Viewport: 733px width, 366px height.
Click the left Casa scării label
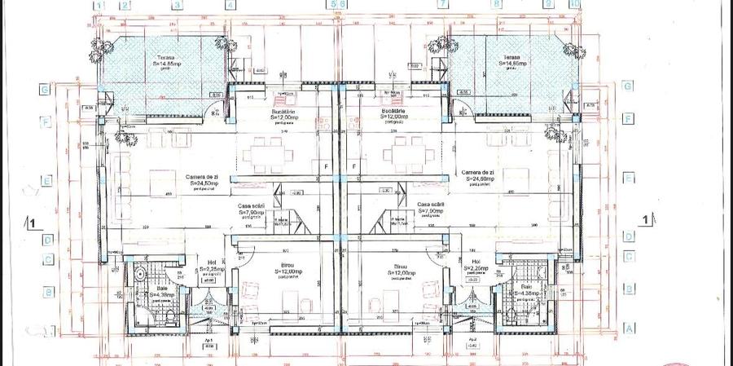[x=251, y=211]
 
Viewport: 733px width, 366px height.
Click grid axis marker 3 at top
[x=177, y=4]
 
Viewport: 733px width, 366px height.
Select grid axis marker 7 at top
[x=442, y=4]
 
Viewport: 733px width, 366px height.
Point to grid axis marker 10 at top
[x=575, y=4]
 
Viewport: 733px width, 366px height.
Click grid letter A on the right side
[x=628, y=329]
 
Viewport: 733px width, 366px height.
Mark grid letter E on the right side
[x=628, y=178]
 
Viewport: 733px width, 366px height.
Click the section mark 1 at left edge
[x=31, y=221]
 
